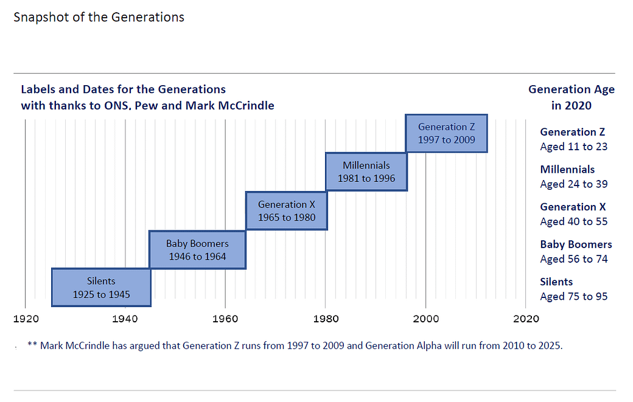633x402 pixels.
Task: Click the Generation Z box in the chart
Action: click(x=446, y=133)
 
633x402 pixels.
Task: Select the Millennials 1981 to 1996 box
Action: click(x=366, y=172)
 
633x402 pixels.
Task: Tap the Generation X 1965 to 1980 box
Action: click(x=286, y=210)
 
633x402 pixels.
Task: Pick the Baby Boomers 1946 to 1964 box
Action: click(x=197, y=249)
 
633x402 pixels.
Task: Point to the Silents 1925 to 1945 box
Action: click(x=101, y=288)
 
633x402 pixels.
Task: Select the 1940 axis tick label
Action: click(x=125, y=318)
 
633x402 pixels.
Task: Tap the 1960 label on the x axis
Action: click(x=225, y=318)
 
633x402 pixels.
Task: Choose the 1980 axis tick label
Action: click(x=326, y=318)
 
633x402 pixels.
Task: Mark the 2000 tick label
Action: click(x=426, y=318)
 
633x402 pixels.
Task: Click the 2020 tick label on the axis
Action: click(x=526, y=318)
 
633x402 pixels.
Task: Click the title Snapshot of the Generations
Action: click(x=99, y=17)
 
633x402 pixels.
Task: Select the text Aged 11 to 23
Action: click(x=573, y=147)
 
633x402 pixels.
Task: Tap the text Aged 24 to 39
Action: click(x=573, y=184)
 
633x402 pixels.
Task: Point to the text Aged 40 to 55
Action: click(x=573, y=222)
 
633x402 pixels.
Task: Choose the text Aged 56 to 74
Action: click(x=573, y=259)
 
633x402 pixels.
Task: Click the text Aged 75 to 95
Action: click(x=573, y=297)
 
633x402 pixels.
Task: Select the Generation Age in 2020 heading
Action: click(x=571, y=97)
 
